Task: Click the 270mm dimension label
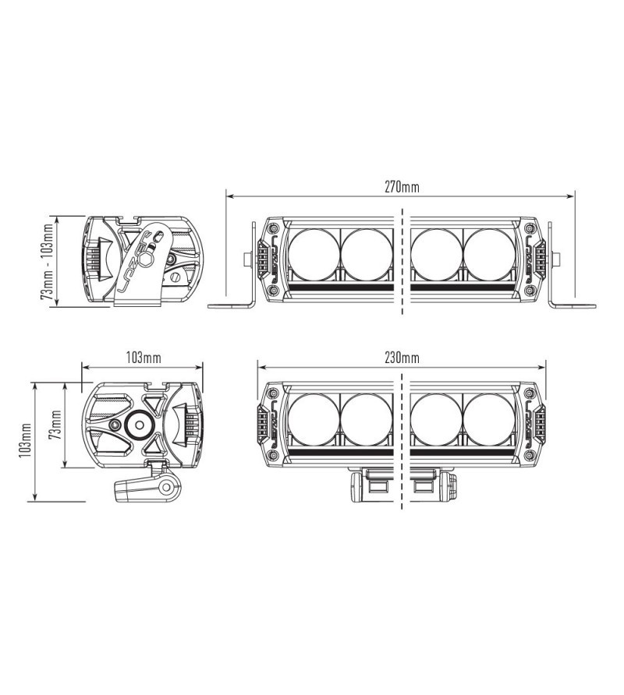coord(402,187)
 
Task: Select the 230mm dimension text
coord(402,358)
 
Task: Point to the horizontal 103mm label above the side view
coord(143,358)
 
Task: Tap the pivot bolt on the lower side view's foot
coord(166,488)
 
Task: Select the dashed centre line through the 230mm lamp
coord(402,436)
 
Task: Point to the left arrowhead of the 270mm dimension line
coord(229,196)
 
